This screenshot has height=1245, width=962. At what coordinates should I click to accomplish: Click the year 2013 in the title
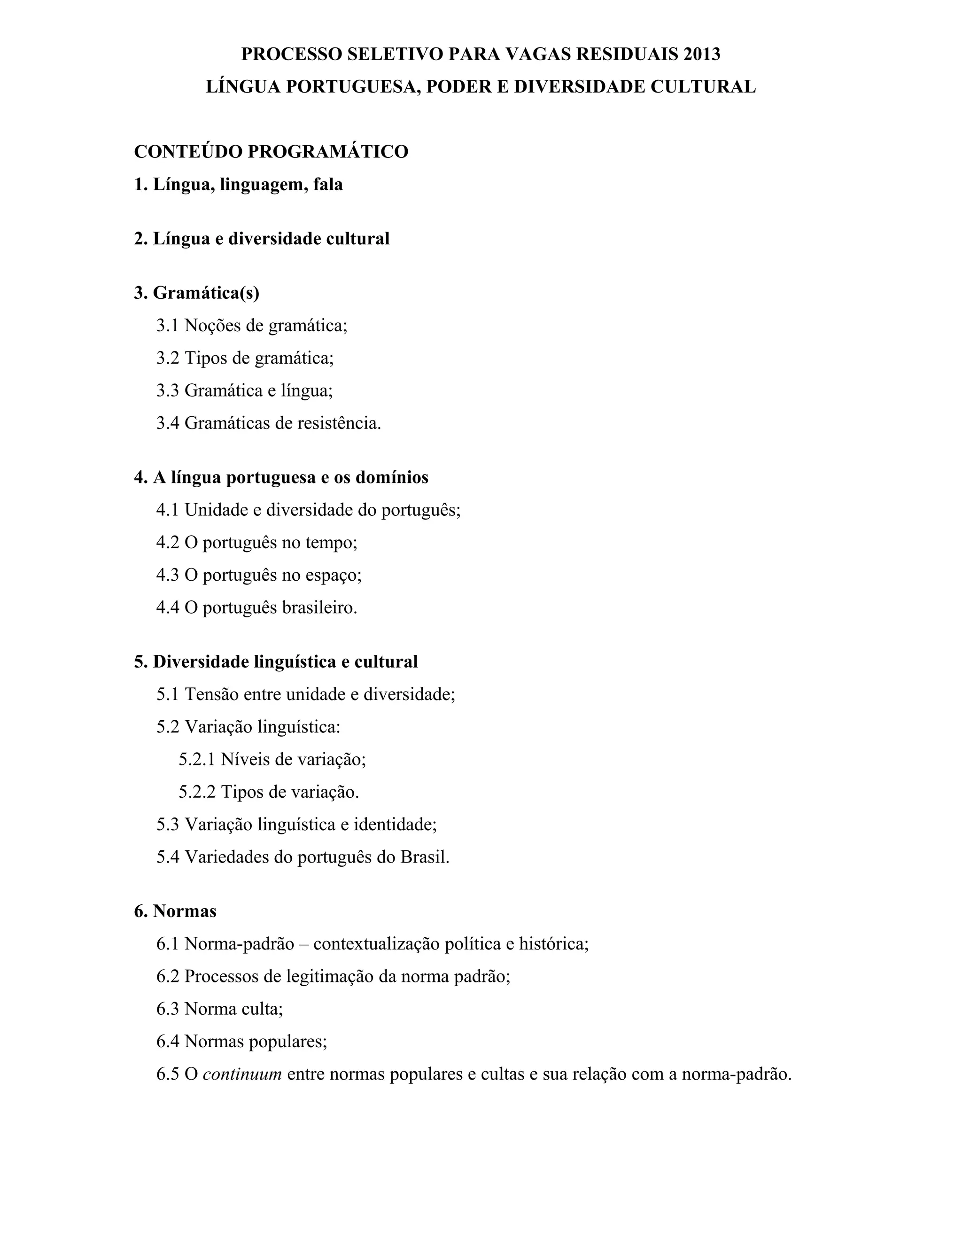[702, 54]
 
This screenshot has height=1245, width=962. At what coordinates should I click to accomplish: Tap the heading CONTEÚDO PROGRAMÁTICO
[272, 152]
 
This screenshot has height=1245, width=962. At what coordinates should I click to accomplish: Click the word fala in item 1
[328, 185]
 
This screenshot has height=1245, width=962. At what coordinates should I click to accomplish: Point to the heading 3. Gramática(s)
[197, 293]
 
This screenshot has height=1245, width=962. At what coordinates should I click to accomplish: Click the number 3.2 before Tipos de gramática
[168, 358]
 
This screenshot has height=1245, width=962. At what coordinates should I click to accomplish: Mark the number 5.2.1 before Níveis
[197, 759]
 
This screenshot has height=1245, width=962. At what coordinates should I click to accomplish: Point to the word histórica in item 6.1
[553, 944]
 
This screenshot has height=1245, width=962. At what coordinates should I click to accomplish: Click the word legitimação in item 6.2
[329, 977]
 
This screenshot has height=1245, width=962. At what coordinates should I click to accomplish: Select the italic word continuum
[242, 1074]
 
